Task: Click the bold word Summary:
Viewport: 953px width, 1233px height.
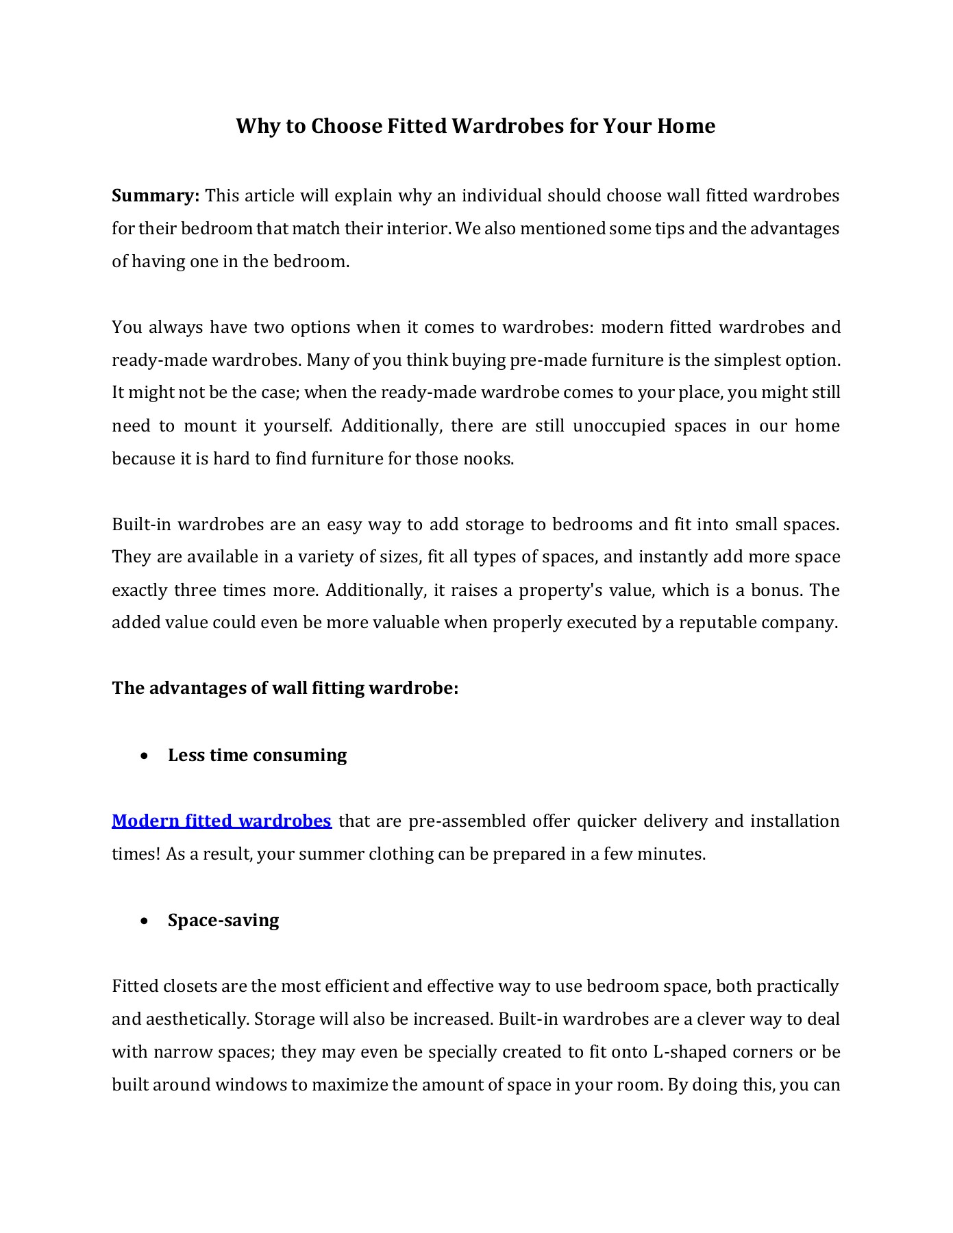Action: tap(156, 196)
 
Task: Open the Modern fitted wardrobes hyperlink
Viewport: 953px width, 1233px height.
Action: tap(221, 821)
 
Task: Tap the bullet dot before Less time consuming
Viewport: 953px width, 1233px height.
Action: tap(143, 756)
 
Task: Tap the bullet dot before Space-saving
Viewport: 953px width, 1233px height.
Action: tap(143, 921)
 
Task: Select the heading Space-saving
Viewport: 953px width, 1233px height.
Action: tap(223, 920)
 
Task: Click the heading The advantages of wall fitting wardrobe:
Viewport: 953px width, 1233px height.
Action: tap(285, 688)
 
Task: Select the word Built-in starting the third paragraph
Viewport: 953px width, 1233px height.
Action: tap(142, 525)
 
